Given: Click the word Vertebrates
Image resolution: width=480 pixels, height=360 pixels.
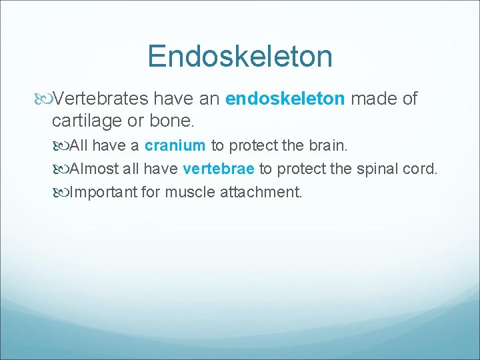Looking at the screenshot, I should pyautogui.click(x=101, y=99).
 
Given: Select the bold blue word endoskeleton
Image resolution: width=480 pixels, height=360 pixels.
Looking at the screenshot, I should pyautogui.click(x=285, y=99).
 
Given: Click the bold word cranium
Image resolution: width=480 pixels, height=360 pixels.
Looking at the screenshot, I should pyautogui.click(x=175, y=145).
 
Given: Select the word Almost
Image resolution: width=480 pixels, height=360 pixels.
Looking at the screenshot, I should pyautogui.click(x=95, y=169).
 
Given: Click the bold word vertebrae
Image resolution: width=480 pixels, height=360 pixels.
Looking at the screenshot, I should pyautogui.click(x=218, y=169).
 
